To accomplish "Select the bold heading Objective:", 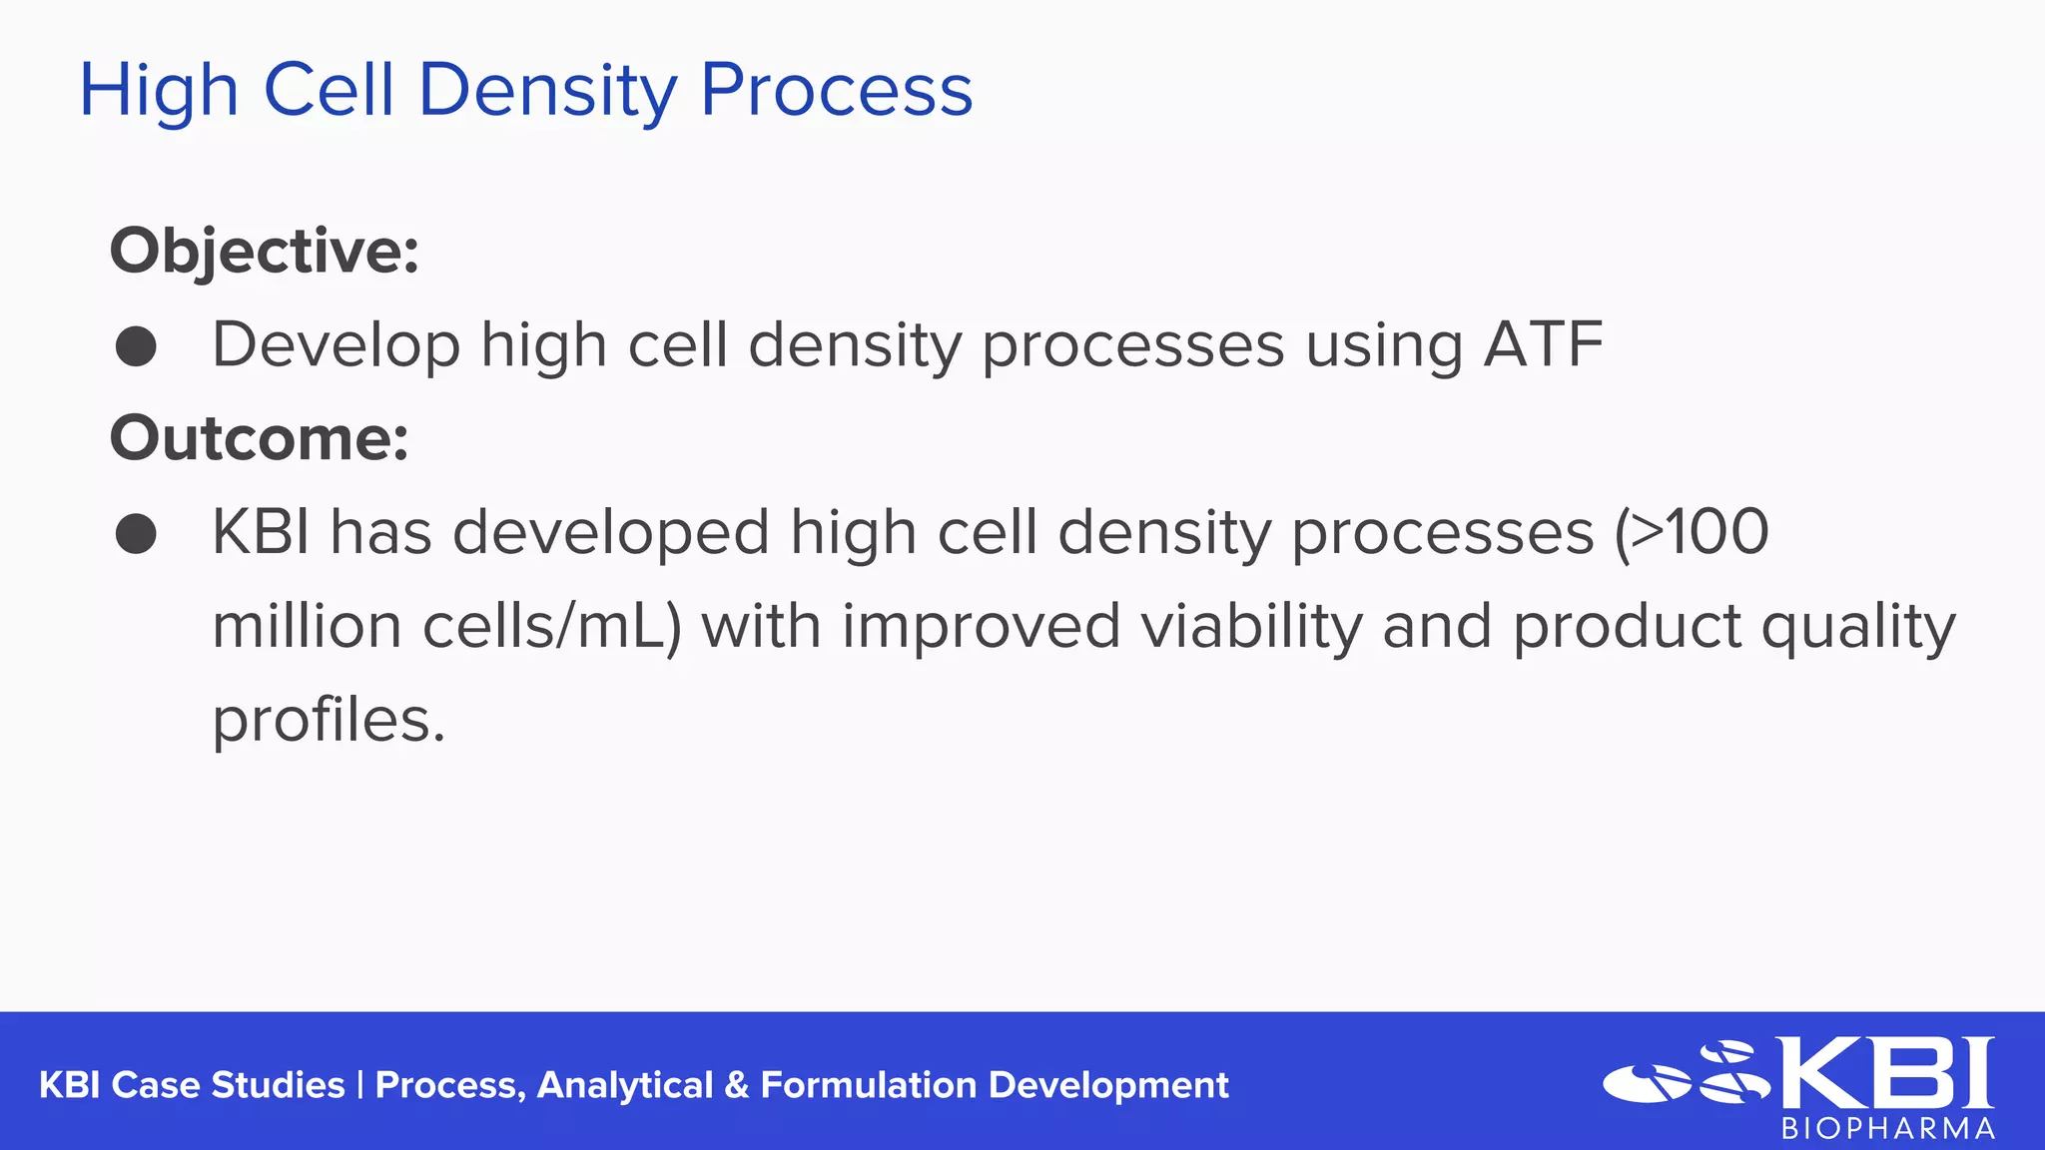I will coord(264,251).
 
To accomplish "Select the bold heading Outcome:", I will coord(259,438).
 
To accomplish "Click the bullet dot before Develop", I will coord(136,346).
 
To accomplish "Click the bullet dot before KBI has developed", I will coord(136,533).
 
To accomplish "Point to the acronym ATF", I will coord(1543,345).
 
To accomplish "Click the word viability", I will coord(1251,627).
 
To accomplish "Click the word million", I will coord(307,627).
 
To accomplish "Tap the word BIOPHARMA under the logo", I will coord(1888,1129).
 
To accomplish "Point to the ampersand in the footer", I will coord(737,1085).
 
